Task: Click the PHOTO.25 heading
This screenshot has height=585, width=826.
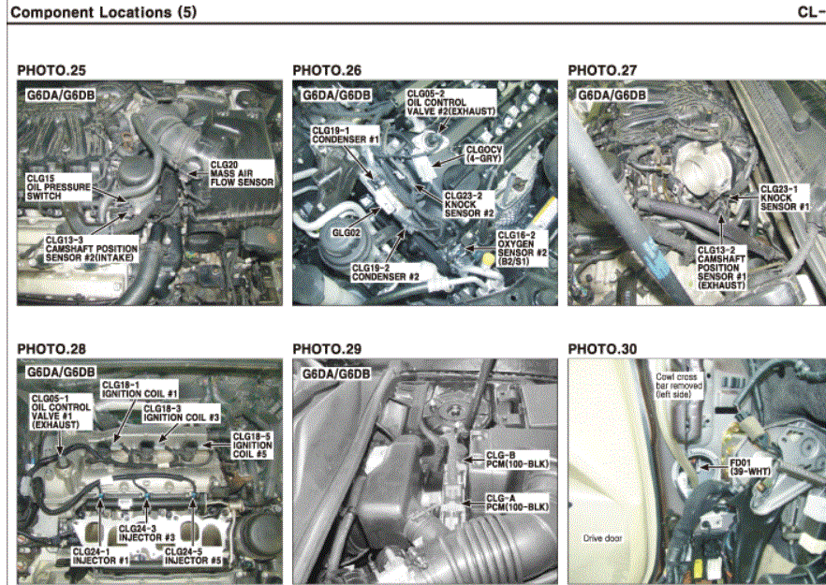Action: pos(52,70)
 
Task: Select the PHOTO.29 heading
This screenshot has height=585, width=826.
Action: pos(327,349)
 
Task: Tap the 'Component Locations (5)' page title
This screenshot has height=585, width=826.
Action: pos(103,12)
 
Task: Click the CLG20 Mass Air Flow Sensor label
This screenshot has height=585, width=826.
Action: pos(242,174)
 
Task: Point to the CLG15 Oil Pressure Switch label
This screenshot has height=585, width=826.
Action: pos(58,187)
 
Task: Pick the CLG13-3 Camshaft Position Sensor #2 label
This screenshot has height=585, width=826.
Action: pos(91,249)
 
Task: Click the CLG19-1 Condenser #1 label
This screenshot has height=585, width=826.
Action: pos(345,135)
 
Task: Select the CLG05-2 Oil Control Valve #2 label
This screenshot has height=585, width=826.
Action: pos(451,103)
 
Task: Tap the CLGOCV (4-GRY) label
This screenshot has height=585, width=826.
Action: pos(484,154)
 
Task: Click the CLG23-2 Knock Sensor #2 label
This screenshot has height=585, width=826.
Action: pos(469,204)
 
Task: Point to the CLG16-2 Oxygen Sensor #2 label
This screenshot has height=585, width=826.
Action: pos(522,248)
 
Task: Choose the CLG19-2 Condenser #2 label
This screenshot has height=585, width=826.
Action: pos(386,272)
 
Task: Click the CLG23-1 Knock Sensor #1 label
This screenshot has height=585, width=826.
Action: pos(785,198)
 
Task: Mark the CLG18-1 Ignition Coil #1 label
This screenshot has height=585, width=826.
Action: pos(140,389)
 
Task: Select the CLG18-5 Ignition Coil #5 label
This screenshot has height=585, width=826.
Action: pos(252,445)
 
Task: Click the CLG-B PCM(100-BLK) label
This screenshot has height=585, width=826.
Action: pos(517,460)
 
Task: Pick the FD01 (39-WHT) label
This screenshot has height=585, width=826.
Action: pos(750,467)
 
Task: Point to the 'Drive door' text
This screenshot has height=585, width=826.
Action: pos(602,538)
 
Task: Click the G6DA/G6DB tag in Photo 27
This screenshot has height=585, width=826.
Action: pos(612,95)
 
